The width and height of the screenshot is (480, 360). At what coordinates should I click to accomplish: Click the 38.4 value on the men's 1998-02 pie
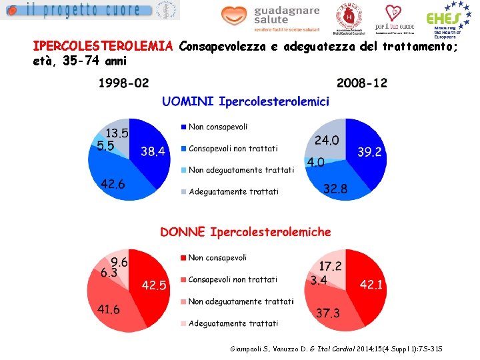[153, 151]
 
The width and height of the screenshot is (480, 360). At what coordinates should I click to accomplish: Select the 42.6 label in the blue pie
[113, 184]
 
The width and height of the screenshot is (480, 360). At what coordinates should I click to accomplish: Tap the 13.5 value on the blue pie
[117, 133]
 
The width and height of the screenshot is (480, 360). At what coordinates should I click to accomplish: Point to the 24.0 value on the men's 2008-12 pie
[327, 141]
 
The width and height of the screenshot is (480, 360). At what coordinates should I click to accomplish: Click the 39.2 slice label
[369, 152]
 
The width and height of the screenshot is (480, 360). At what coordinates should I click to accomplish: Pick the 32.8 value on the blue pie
[335, 189]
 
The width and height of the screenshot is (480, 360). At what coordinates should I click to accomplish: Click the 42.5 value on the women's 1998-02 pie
[154, 285]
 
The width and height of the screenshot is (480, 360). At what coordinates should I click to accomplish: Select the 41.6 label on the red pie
[109, 309]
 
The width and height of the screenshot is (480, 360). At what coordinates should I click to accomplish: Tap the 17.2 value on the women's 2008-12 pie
[330, 265]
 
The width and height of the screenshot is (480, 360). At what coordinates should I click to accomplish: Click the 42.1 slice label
[371, 285]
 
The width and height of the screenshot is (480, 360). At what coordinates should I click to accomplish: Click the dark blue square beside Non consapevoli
[183, 127]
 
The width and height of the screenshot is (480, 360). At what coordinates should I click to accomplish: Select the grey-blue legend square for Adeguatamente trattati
[183, 192]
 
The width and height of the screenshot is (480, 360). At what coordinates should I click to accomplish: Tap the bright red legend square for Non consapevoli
[183, 258]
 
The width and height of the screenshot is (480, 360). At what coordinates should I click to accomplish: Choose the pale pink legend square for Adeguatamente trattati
[183, 323]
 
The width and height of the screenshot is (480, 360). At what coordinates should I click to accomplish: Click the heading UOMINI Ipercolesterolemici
[246, 102]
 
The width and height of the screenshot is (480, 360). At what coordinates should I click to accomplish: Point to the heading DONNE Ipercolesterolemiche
[245, 232]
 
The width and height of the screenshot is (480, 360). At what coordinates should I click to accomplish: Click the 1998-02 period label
[124, 83]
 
